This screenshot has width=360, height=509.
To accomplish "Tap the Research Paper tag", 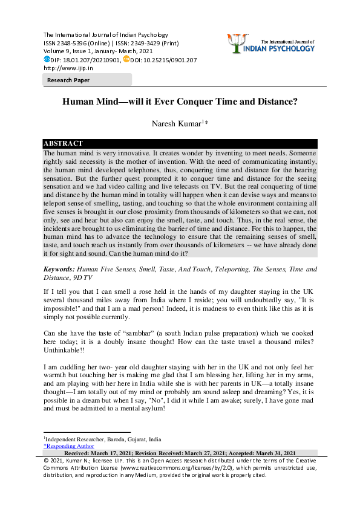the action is tap(68, 80).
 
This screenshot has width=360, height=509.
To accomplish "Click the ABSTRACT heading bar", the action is tap(63, 143).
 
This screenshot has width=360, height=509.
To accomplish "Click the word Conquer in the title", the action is tap(211, 102).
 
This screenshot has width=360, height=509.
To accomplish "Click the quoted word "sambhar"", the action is tap(120, 333).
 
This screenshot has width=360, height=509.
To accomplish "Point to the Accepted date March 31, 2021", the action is tap(276, 453).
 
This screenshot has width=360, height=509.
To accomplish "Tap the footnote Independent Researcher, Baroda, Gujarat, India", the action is tap(103, 439).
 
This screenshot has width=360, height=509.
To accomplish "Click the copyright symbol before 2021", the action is tap(47, 460).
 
